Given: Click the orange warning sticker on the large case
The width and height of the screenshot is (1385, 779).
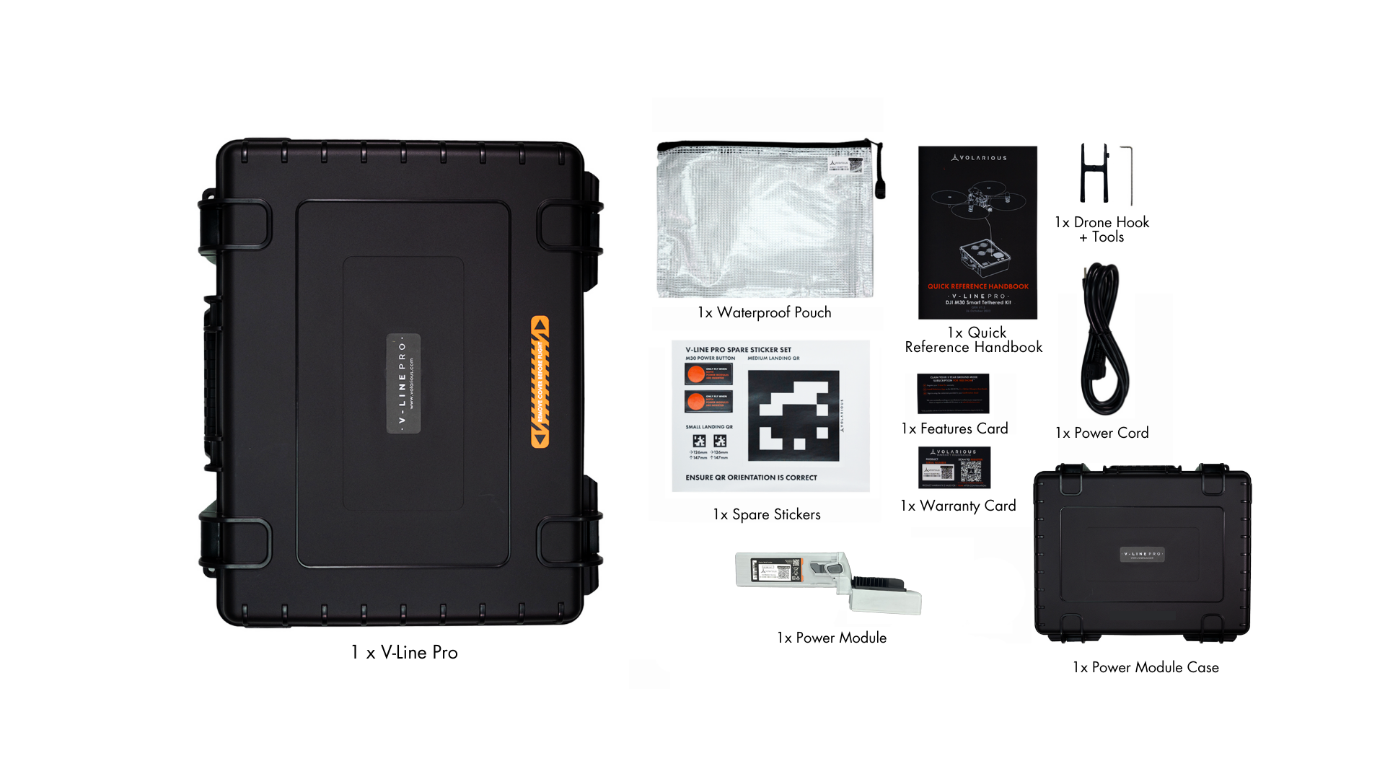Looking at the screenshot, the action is [x=540, y=382].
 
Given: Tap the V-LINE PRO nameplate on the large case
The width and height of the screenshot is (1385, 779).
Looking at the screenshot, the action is [x=403, y=383].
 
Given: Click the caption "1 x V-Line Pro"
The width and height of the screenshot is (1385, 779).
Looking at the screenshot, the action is [x=404, y=652].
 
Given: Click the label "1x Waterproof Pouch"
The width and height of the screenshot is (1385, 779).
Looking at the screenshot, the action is [x=764, y=312].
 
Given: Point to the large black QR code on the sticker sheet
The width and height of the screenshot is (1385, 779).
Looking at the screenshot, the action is [x=793, y=415].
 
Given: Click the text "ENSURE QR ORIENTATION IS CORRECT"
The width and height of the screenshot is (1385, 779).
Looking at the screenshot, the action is [x=751, y=477].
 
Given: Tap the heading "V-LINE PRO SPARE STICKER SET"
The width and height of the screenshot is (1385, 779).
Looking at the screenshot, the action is [x=738, y=350].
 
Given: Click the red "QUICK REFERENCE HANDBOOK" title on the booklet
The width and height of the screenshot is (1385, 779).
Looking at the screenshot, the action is [x=977, y=286].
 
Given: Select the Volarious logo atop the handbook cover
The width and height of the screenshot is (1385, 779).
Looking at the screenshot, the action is [x=978, y=157].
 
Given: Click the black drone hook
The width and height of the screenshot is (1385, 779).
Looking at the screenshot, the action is [x=1094, y=174].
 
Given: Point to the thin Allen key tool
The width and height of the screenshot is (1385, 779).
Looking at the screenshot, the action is [x=1130, y=175].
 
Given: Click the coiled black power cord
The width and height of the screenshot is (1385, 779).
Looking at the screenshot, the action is [x=1103, y=339].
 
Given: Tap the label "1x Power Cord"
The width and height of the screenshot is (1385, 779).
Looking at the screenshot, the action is [x=1102, y=433].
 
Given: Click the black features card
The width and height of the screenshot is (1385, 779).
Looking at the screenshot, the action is [x=953, y=394].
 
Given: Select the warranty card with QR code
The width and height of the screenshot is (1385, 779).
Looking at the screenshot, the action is [x=954, y=467].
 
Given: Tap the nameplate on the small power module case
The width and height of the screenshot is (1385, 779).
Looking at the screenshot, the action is [x=1143, y=554].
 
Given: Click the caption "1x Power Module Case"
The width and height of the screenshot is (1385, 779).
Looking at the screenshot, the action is [x=1146, y=667].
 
